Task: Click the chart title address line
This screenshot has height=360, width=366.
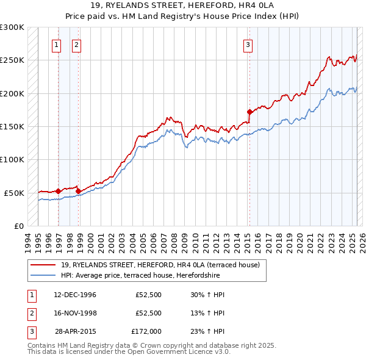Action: (182, 6)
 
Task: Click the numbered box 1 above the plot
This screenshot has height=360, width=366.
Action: (57, 44)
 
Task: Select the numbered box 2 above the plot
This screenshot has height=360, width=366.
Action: (77, 44)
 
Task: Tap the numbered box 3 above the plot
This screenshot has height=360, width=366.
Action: (248, 44)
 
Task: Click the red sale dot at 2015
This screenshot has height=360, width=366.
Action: (249, 112)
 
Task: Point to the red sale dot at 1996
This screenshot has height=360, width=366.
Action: (58, 190)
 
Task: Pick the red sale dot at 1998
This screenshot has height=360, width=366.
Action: (78, 190)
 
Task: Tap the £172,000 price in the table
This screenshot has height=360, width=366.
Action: (146, 331)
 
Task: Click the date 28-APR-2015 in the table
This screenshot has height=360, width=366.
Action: (75, 331)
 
